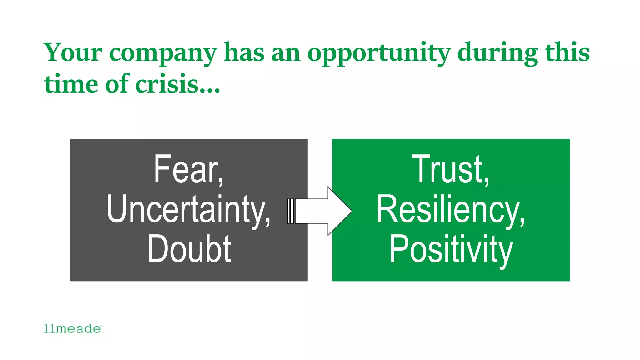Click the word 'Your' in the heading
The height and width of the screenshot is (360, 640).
[73, 52]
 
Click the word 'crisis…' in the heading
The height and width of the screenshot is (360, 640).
[178, 84]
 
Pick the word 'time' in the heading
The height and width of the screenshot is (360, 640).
[71, 84]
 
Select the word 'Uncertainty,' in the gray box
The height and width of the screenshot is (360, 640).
[188, 210]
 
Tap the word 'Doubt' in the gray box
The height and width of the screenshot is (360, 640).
[189, 249]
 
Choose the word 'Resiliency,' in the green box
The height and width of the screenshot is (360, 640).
[451, 210]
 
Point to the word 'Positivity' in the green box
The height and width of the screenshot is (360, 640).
[451, 250]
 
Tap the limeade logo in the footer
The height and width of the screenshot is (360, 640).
[72, 329]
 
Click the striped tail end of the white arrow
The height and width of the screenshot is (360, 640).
[291, 211]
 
